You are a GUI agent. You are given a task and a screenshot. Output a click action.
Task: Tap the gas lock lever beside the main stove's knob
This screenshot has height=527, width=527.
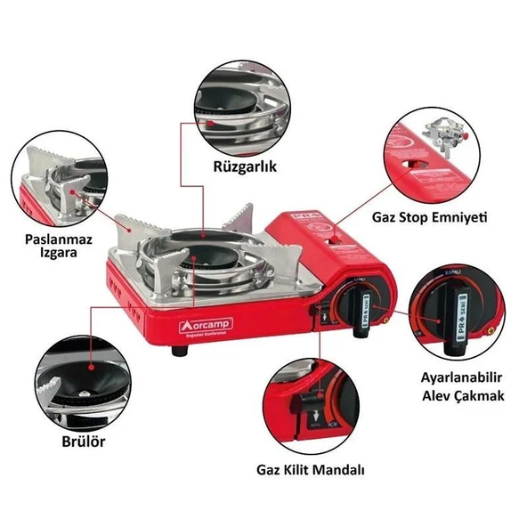322,313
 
